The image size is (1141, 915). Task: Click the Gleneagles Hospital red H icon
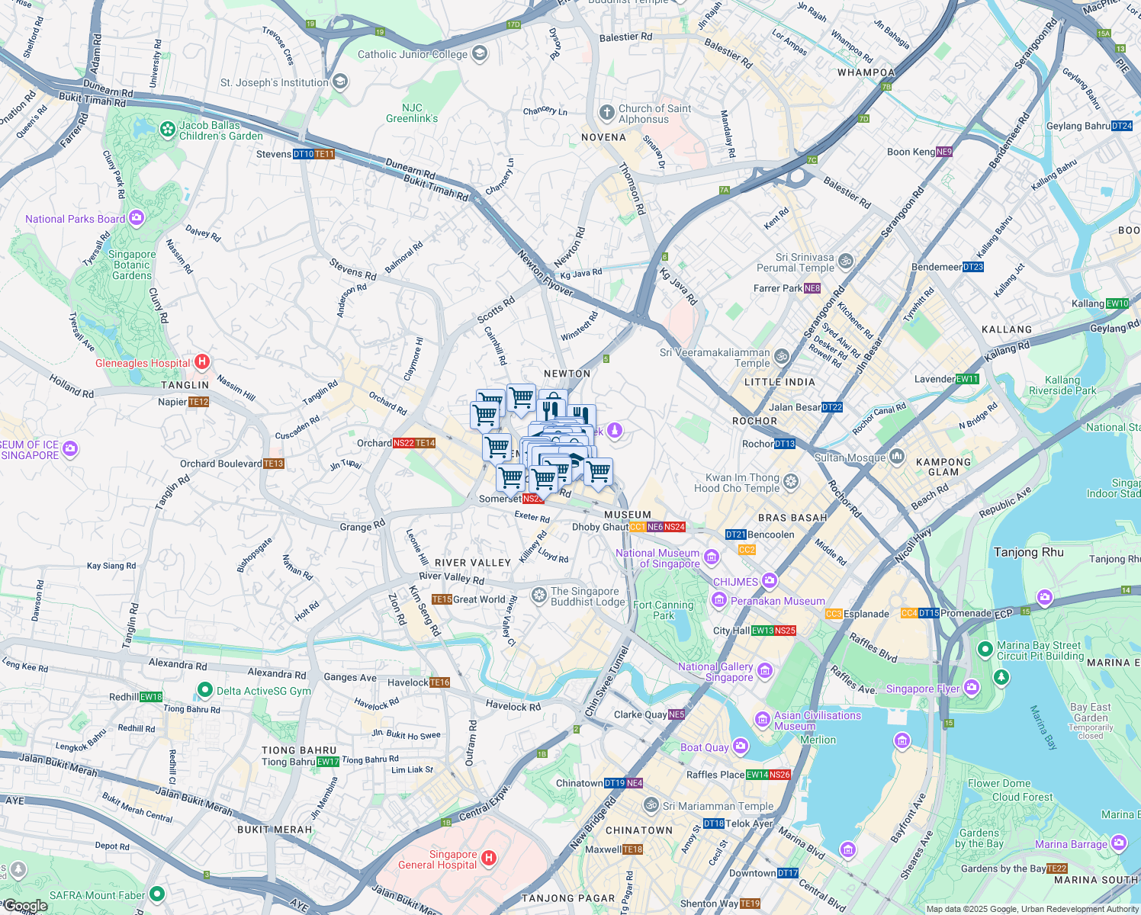[x=202, y=362]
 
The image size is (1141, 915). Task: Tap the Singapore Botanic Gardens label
[x=132, y=265]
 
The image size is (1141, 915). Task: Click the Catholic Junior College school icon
[x=480, y=53]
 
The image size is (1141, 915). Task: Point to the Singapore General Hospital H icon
[x=489, y=859]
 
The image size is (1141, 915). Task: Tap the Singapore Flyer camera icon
[x=971, y=688]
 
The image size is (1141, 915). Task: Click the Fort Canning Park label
[x=663, y=610]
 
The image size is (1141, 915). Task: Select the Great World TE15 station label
[x=468, y=599]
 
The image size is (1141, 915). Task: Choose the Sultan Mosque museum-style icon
[x=897, y=457]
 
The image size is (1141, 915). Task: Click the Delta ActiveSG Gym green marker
[x=204, y=690]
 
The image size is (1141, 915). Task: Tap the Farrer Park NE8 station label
[x=786, y=288]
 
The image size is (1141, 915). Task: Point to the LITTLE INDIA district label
[x=779, y=382]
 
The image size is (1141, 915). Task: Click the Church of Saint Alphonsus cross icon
[x=606, y=114]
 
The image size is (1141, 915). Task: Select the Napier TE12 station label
[x=183, y=402]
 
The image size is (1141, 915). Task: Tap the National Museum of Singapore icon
[x=712, y=557]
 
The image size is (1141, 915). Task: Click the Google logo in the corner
[x=25, y=906]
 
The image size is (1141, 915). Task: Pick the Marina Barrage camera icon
[x=1119, y=843]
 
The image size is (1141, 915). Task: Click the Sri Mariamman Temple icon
[x=651, y=804]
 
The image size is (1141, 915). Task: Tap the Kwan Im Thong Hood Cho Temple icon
[x=791, y=482]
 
